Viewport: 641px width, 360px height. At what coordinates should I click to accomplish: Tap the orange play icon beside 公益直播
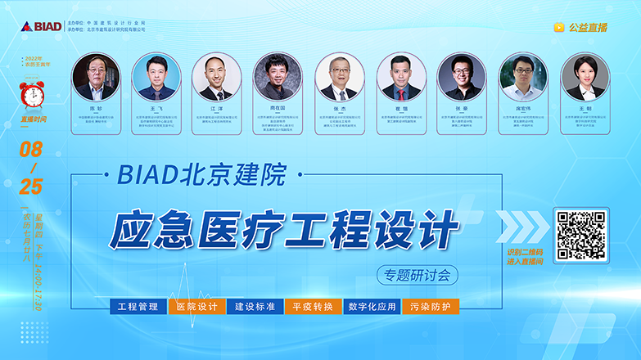pyautogui.click(x=559, y=27)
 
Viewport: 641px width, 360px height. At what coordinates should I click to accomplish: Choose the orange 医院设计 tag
pyautogui.click(x=196, y=307)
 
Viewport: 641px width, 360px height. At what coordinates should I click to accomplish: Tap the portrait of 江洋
pyautogui.click(x=216, y=78)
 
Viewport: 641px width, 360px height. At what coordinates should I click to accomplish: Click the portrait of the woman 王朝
pyautogui.click(x=585, y=78)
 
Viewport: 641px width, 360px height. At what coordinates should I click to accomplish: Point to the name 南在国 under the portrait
pyautogui.click(x=277, y=107)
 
